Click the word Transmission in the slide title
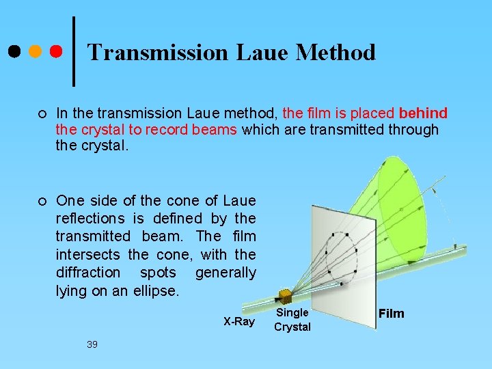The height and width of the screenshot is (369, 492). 159,52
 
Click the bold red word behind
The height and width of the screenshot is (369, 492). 423,113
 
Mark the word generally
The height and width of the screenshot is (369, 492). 225,273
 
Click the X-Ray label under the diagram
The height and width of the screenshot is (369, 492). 238,321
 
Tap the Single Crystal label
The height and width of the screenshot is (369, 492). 292,319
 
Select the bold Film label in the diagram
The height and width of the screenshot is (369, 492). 392,314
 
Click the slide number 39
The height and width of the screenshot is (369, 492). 92,344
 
